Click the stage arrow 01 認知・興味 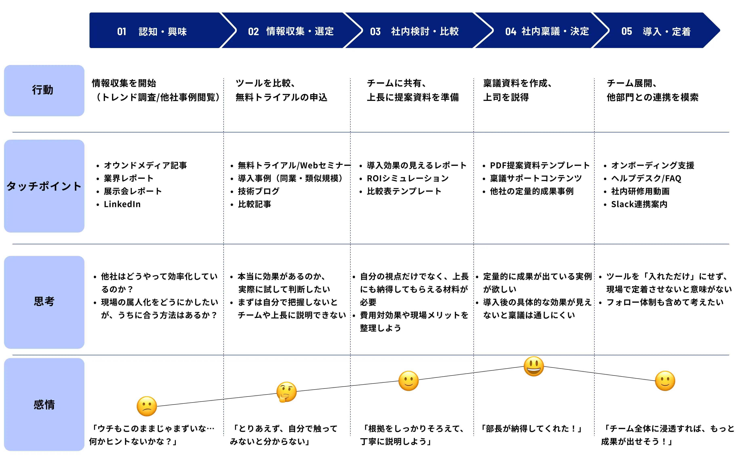click(x=157, y=30)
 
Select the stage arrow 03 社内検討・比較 click(x=417, y=30)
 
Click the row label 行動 click(x=44, y=90)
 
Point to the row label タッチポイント click(x=44, y=186)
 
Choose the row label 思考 click(x=44, y=302)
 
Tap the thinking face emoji click(x=286, y=392)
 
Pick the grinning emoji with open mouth click(x=534, y=366)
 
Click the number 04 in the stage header click(x=511, y=31)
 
